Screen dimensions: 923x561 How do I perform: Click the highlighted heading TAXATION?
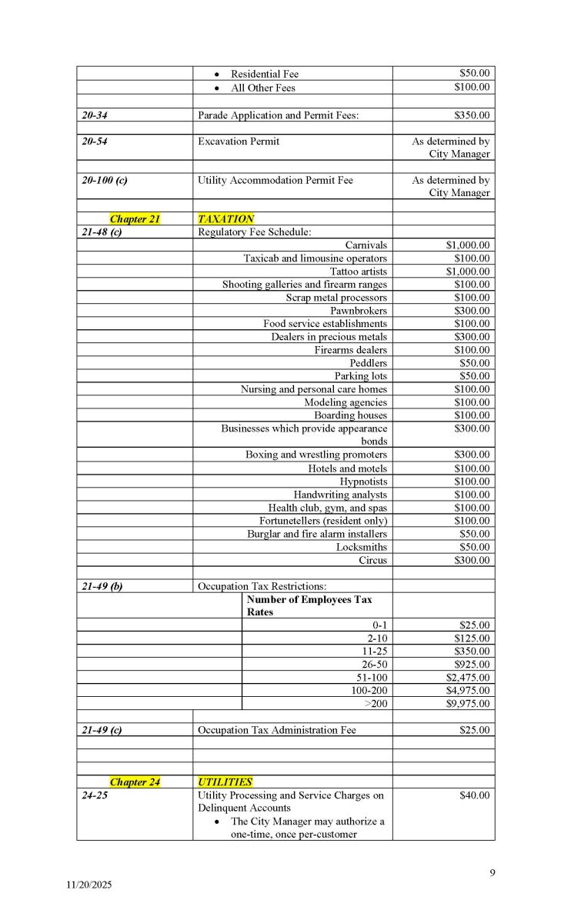[225, 219]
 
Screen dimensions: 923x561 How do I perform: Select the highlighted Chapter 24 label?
[135, 782]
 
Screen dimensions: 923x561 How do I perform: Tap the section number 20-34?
[97, 115]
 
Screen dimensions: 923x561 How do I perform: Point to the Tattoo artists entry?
[359, 272]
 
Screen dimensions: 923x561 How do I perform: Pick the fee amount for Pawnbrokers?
[472, 311]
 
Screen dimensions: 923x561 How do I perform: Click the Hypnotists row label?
[363, 481]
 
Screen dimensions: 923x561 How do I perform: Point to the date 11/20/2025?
[88, 885]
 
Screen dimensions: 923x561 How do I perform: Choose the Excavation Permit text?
[239, 142]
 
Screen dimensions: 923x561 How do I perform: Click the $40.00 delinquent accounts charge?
[474, 795]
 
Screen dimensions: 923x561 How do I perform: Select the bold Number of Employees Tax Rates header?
[309, 605]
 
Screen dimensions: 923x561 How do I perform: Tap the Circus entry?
[373, 560]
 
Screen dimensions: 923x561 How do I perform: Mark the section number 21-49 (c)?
[102, 730]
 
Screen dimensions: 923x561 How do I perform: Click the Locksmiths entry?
[362, 547]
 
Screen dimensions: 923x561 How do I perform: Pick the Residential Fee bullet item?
[264, 74]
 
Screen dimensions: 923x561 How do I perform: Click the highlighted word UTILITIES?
[225, 782]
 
